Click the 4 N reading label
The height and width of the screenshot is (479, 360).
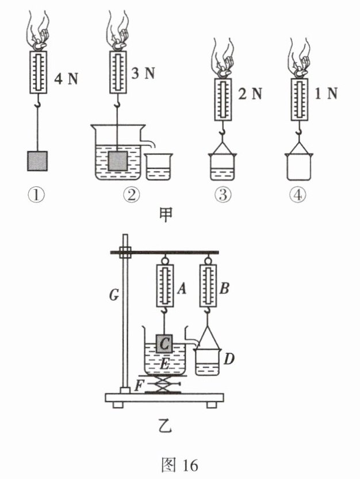click(66, 79)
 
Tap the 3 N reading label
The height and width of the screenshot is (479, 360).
click(143, 74)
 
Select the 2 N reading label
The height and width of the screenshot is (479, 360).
click(250, 94)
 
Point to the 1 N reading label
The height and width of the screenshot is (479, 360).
click(326, 93)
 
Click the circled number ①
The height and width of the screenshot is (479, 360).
click(36, 195)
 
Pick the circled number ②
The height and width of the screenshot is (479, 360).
click(132, 195)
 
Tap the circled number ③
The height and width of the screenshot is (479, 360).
click(223, 195)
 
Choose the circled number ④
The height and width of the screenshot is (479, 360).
click(298, 195)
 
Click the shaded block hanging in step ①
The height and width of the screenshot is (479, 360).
click(37, 161)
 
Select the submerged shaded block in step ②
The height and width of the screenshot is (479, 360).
click(117, 160)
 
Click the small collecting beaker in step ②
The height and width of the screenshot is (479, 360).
click(159, 167)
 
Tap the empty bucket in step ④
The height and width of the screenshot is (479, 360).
click(299, 167)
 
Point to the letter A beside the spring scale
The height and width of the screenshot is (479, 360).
click(182, 288)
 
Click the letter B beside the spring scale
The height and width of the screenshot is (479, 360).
click(224, 288)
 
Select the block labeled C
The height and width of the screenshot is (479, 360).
click(164, 344)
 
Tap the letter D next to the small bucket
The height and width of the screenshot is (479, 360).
click(228, 359)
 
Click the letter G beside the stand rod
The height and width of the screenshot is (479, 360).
click(114, 295)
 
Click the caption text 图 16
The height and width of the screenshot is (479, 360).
click(179, 465)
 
